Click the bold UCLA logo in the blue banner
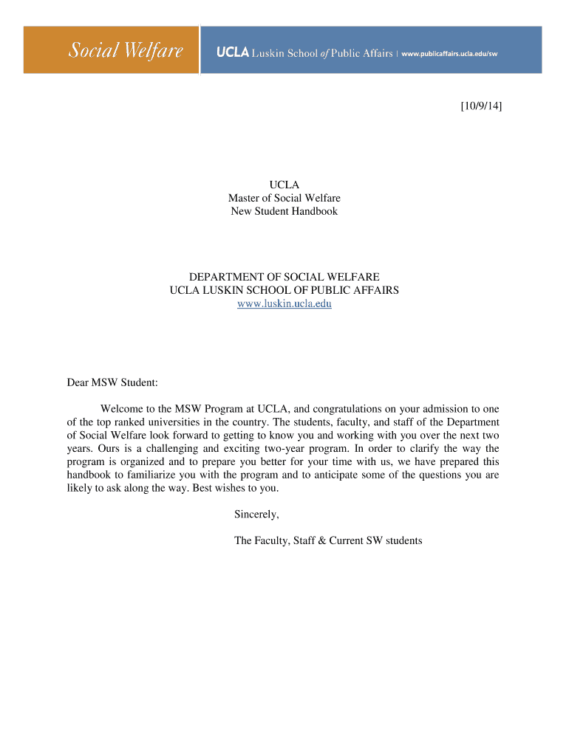click(x=233, y=53)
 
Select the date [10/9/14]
click(x=477, y=107)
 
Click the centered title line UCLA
click(x=284, y=185)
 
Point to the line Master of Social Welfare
click(x=284, y=198)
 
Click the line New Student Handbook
click(x=284, y=211)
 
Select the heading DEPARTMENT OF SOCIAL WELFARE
click(x=284, y=277)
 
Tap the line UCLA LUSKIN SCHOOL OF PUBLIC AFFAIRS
click(x=284, y=290)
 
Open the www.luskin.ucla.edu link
click(x=284, y=304)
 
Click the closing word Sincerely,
click(x=256, y=514)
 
